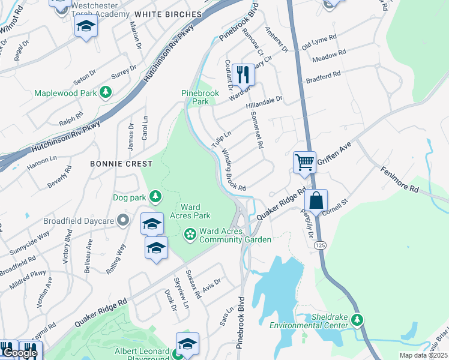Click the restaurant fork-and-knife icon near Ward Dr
coord(243,74)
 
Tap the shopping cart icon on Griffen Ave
coord(304,162)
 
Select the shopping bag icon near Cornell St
coord(316,200)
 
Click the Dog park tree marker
coord(155,197)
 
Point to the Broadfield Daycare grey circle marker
coord(123,221)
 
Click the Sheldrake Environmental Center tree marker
coord(357,320)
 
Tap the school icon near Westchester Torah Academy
coord(86,26)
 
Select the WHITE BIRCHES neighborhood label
coord(168,14)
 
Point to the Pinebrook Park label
coord(196,97)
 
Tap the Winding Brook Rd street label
coord(234,170)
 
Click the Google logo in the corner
coord(20,353)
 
